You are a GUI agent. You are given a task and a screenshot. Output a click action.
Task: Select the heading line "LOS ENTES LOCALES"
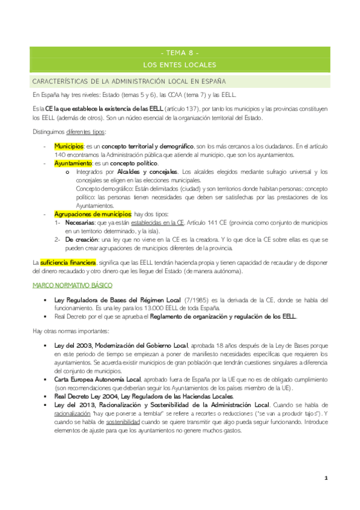click(x=180, y=64)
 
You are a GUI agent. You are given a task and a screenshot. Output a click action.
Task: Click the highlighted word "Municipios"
click(x=69, y=146)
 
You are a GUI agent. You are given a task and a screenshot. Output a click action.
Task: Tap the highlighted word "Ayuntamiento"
click(x=72, y=163)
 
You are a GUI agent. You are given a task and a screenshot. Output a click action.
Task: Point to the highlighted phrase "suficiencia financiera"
click(x=68, y=263)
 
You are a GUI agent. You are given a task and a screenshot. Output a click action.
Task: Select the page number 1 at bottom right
click(x=325, y=478)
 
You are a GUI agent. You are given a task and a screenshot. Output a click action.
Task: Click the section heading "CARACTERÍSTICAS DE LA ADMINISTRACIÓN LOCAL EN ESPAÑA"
click(x=129, y=81)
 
